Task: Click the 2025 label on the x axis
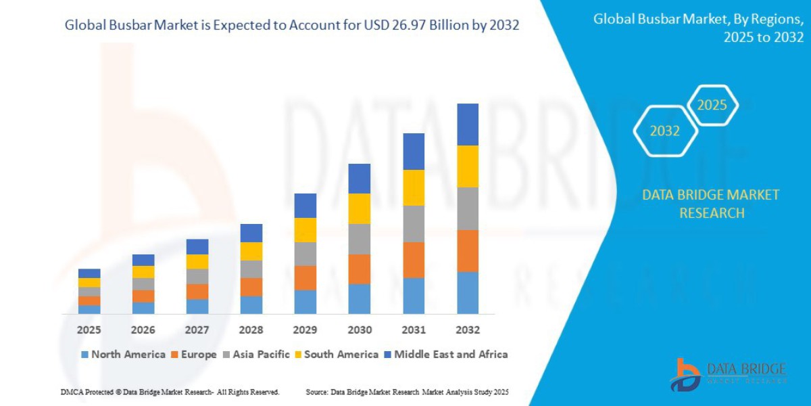[x=89, y=330]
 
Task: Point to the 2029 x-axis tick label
[x=305, y=330]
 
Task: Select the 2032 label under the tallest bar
[x=468, y=330]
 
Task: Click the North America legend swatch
[x=84, y=355]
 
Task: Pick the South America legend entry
[x=341, y=355]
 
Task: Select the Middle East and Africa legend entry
[x=451, y=355]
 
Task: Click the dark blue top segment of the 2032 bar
[x=468, y=125]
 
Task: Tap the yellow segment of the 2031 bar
[x=414, y=187]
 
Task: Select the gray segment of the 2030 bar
[x=360, y=239]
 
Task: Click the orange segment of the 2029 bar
[x=305, y=277]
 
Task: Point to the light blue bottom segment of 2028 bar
[x=251, y=305]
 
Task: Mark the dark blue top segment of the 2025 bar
[x=89, y=273]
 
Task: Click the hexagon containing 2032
[x=665, y=131]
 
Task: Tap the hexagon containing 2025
[x=712, y=106]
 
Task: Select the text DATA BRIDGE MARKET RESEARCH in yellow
[x=710, y=204]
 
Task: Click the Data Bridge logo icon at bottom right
[x=685, y=374]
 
